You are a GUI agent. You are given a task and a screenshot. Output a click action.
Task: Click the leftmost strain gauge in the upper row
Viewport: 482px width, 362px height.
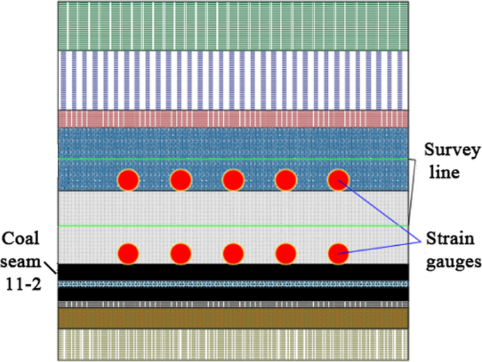128,180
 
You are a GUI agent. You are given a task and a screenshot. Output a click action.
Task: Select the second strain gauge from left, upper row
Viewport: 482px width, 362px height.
180,180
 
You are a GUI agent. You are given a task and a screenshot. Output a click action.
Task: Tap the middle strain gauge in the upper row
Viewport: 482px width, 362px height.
233,180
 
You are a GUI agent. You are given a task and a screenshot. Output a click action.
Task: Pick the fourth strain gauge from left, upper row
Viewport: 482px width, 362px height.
286,180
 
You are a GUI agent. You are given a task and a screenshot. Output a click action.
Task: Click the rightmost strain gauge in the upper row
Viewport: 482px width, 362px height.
338,180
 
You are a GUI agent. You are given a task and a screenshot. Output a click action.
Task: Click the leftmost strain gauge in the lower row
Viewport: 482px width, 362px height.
128,252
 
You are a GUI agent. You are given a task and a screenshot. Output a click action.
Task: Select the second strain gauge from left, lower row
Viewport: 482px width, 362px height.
180,252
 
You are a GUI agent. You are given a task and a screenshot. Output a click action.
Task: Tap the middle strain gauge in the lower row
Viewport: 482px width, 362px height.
233,252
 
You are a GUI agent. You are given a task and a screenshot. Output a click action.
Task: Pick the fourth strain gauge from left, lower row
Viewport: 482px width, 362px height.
286,252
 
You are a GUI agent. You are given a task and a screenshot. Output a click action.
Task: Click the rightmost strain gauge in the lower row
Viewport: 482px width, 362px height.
338,252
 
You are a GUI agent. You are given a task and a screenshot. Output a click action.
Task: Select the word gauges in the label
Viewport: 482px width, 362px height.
451,262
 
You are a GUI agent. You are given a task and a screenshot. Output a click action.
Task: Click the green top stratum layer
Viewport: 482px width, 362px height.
233,25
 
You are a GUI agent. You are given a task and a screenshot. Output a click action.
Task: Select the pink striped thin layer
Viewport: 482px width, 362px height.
233,118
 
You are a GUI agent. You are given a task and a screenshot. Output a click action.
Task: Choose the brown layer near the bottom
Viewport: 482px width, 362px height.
233,318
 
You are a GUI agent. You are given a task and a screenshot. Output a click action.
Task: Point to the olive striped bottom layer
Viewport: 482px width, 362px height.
233,344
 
